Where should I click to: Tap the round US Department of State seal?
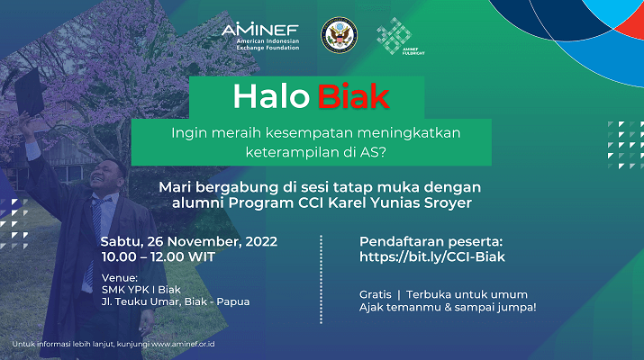pos(339,35)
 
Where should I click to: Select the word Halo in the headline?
pos(271,97)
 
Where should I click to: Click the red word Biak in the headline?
pos(353,97)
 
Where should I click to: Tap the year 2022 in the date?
pos(261,241)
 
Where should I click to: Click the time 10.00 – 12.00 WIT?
pos(159,257)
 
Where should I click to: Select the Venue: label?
pos(120,278)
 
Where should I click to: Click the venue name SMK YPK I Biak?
pos(141,290)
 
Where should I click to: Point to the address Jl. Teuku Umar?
pos(141,301)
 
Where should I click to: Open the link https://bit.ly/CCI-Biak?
pos(432,257)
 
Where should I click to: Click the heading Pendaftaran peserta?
pos(431,241)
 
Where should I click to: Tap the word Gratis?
pos(376,294)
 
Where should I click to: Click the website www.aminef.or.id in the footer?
pos(183,344)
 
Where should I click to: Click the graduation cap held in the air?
pos(29,93)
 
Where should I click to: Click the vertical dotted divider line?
pos(321,280)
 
